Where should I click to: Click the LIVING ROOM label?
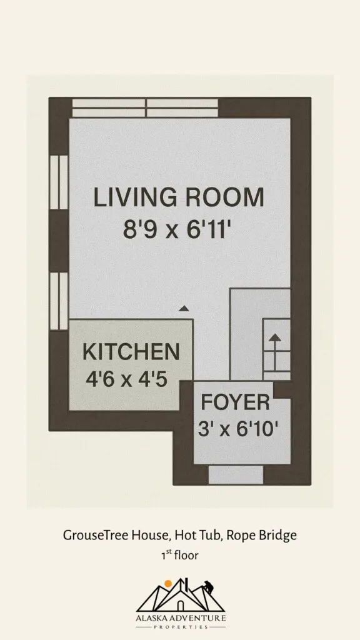click(179, 197)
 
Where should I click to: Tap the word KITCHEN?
click(131, 352)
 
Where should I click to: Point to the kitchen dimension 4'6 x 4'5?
click(126, 379)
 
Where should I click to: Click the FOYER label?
click(236, 403)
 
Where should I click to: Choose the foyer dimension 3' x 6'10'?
click(238, 429)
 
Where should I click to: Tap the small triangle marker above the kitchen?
click(184, 309)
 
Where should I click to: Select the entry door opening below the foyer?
click(236, 475)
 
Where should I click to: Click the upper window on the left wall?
click(59, 182)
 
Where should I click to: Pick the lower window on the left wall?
click(59, 301)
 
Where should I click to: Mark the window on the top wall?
click(145, 108)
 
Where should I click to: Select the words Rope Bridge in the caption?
click(261, 536)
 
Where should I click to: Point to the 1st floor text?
click(179, 555)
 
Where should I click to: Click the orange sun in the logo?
click(167, 584)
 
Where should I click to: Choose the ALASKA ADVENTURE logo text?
click(181, 617)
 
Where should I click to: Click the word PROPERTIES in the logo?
click(181, 626)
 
